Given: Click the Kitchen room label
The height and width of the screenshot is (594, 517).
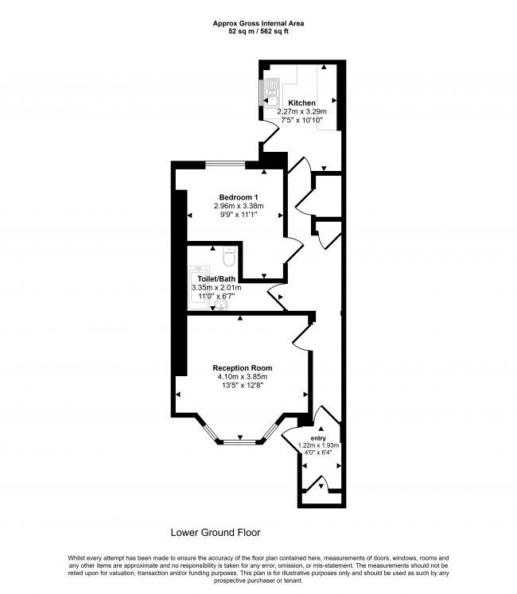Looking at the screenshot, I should click(301, 103).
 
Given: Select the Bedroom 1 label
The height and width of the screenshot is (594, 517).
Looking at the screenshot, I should click(239, 197).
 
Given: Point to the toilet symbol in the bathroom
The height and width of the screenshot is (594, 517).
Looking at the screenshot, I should click(229, 258).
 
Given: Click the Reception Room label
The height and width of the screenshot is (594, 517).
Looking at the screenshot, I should click(242, 368).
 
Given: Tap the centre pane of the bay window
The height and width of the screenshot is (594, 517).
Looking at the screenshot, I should click(239, 440).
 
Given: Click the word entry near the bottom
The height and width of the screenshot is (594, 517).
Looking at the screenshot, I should click(318, 437).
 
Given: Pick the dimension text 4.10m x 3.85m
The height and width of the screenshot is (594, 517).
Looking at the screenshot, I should click(242, 377).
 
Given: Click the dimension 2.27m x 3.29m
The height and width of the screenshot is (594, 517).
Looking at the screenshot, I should click(301, 112).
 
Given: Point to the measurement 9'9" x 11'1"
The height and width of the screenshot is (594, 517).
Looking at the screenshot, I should click(239, 215).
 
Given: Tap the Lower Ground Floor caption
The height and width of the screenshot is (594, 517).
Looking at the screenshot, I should click(216, 532).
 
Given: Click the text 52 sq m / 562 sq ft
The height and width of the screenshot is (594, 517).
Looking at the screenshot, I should click(258, 33).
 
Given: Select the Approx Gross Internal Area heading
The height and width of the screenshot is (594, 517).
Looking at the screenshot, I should click(258, 24).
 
